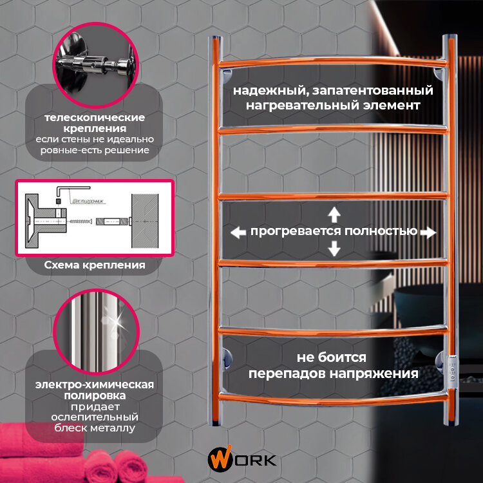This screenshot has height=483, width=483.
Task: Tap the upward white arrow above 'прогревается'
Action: coord(334,214)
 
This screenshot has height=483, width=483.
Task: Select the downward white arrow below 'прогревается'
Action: coord(334,248)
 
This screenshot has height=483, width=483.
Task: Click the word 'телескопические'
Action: coord(95,118)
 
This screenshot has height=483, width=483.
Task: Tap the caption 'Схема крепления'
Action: coord(95,265)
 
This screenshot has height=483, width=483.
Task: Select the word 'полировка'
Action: coord(94,395)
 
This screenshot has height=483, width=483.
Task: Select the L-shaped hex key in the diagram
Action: coord(61,190)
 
